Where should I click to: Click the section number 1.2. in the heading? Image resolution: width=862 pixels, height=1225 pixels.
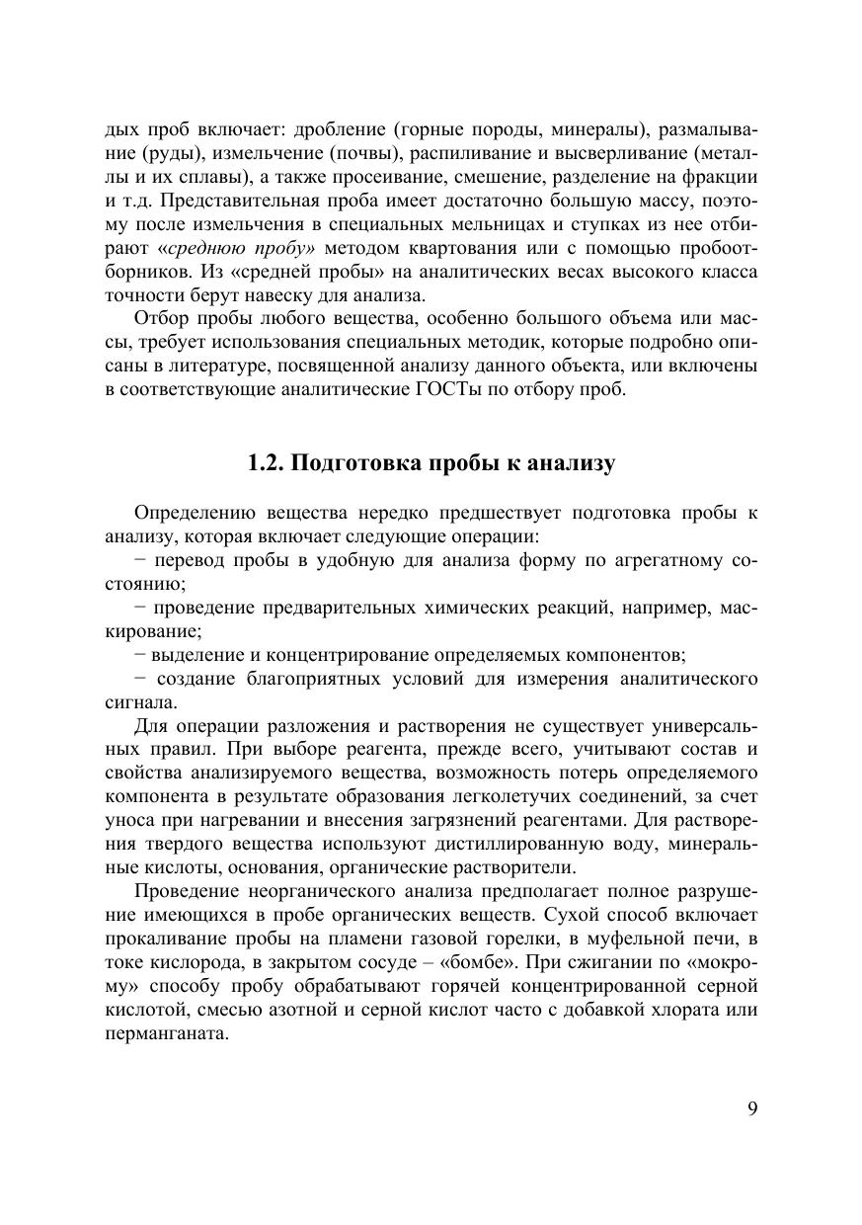(x=266, y=463)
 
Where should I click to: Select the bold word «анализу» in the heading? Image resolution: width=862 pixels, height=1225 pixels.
(x=572, y=463)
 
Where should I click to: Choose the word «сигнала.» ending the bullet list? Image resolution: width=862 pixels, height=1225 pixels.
(x=142, y=702)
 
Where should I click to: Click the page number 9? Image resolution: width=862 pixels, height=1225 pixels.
(x=752, y=1107)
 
